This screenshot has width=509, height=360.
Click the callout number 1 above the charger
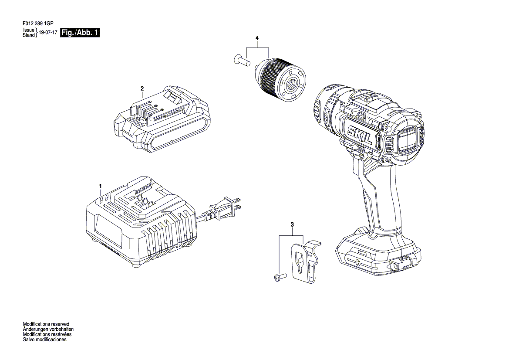coord(100,186)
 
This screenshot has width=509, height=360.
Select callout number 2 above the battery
coord(142,88)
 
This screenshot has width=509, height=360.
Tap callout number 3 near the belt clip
coord(292,224)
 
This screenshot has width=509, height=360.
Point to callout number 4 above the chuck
coord(257,38)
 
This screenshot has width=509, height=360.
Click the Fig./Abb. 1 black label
coord(80,33)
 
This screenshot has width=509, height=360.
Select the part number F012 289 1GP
coord(38,24)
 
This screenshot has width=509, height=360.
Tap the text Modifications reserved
coord(46,324)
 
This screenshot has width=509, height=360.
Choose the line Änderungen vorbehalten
coord(48,329)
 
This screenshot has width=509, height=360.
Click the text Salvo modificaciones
coord(45,340)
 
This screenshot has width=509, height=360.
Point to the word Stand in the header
coord(29,35)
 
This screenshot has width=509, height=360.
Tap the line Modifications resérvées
coord(47,334)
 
